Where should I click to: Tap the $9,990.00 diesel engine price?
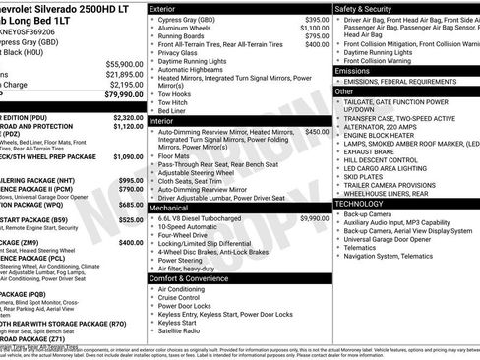coord(315,218)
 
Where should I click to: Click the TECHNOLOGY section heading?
coord(361,203)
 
